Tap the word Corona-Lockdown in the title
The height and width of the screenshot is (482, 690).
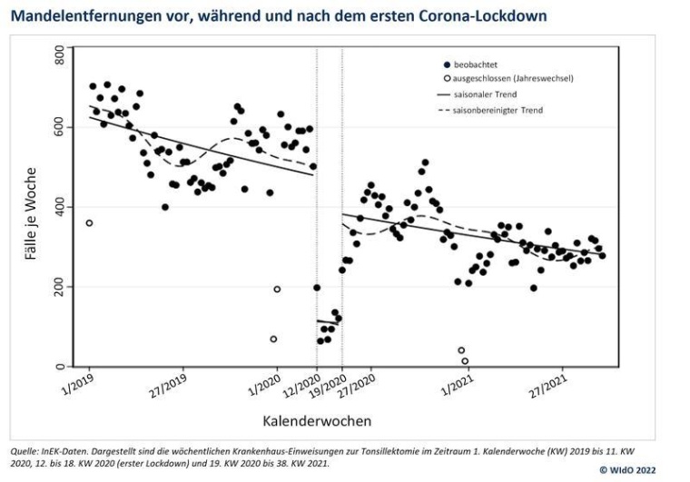[480, 15]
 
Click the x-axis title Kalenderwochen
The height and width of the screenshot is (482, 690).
[317, 421]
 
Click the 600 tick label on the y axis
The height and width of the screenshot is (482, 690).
[61, 129]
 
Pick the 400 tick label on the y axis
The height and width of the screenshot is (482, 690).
[61, 208]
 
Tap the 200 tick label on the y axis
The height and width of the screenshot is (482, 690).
[61, 287]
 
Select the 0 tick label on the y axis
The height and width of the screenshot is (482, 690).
[61, 366]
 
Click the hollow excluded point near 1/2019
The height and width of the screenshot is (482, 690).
[89, 223]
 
